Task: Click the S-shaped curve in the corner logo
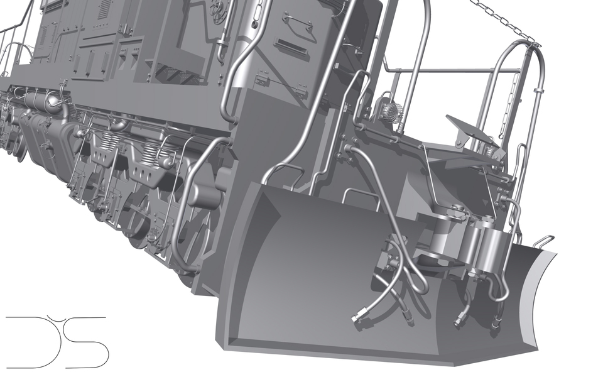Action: pyautogui.click(x=88, y=342)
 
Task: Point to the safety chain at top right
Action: pyautogui.click(x=509, y=22)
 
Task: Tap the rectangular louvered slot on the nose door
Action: pyautogui.click(x=290, y=47)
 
